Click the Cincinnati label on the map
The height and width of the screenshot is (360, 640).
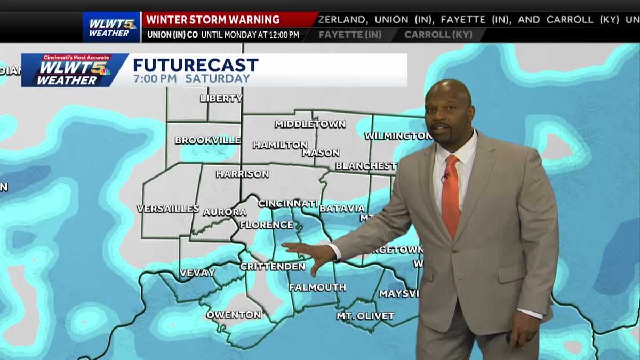point(288,204)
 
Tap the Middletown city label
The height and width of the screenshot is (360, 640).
point(310,124)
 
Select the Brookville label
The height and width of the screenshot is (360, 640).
point(207,141)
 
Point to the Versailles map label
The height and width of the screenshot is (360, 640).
point(168,209)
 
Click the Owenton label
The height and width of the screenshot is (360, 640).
point(234,315)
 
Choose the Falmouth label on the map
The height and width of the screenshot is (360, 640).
point(317,287)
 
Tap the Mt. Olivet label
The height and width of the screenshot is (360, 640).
point(365,316)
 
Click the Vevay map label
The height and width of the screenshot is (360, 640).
point(197,273)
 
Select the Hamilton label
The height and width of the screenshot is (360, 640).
point(280,145)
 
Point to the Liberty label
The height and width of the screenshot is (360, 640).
point(221,98)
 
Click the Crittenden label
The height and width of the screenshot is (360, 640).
point(273,266)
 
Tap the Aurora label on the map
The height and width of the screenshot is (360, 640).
point(225,212)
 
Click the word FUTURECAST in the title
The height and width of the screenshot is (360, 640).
point(196,65)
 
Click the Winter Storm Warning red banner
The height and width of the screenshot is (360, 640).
point(213,20)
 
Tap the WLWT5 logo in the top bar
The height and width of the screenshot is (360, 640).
point(111,27)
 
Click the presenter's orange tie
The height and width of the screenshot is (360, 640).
point(450,195)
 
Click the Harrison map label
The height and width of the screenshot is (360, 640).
point(242,174)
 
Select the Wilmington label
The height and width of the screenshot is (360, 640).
point(398,136)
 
